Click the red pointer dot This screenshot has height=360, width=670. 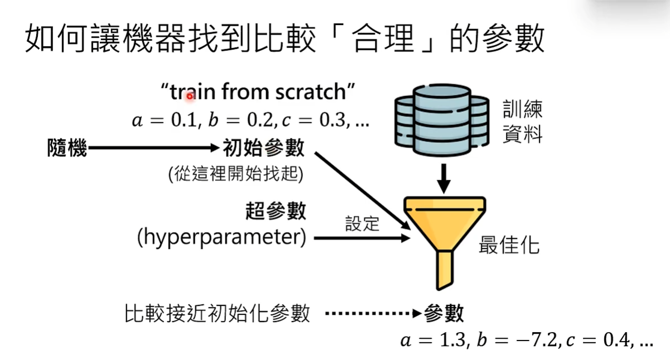[190, 97]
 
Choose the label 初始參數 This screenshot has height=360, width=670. [264, 148]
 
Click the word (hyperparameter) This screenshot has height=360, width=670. [222, 238]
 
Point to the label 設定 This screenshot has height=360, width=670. [362, 224]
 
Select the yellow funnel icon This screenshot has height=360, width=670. [444, 234]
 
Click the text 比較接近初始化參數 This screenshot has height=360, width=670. [217, 314]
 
